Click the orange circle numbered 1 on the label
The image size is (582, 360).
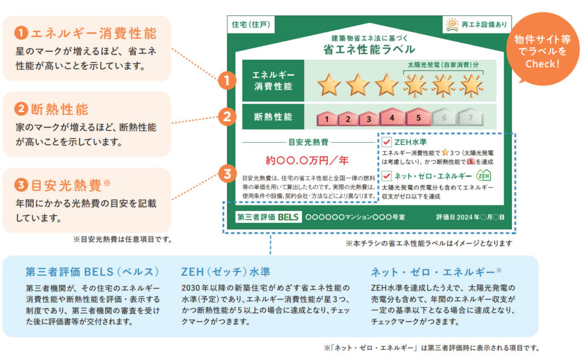point(227,81)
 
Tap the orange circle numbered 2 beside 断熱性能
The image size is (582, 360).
point(227,117)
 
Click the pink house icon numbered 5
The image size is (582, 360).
point(418,117)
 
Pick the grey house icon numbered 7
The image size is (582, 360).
point(469,118)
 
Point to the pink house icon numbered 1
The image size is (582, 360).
point(327,118)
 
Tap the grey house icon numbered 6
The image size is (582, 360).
point(444,118)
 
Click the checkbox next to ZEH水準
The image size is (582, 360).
point(387,142)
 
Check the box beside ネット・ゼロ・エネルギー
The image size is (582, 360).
point(387,176)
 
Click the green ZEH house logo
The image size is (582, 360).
point(483,175)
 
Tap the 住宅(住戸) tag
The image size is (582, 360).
point(251,24)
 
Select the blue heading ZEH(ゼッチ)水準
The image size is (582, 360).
point(226,271)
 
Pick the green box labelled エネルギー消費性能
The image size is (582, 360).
point(272,80)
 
